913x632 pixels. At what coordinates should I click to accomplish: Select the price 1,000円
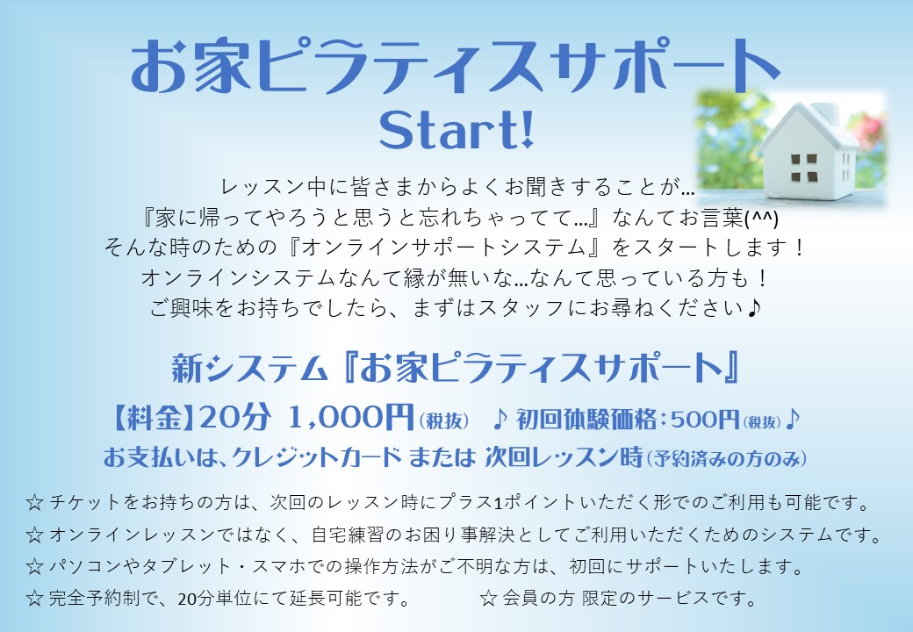click(350, 417)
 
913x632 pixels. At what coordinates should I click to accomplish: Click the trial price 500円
click(705, 419)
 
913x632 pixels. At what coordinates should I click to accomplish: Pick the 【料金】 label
click(153, 418)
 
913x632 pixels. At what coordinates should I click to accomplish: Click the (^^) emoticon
click(762, 219)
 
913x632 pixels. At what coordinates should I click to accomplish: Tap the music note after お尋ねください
click(754, 307)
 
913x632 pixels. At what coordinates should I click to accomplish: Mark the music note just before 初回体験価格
click(500, 419)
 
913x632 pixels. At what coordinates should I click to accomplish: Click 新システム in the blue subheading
click(248, 369)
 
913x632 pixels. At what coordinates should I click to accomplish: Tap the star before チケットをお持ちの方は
click(34, 503)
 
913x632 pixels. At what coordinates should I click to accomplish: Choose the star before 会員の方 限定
click(488, 599)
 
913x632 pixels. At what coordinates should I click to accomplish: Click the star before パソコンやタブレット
click(34, 566)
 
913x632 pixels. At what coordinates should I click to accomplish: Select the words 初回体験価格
click(586, 419)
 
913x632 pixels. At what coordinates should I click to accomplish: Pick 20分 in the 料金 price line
click(235, 417)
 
